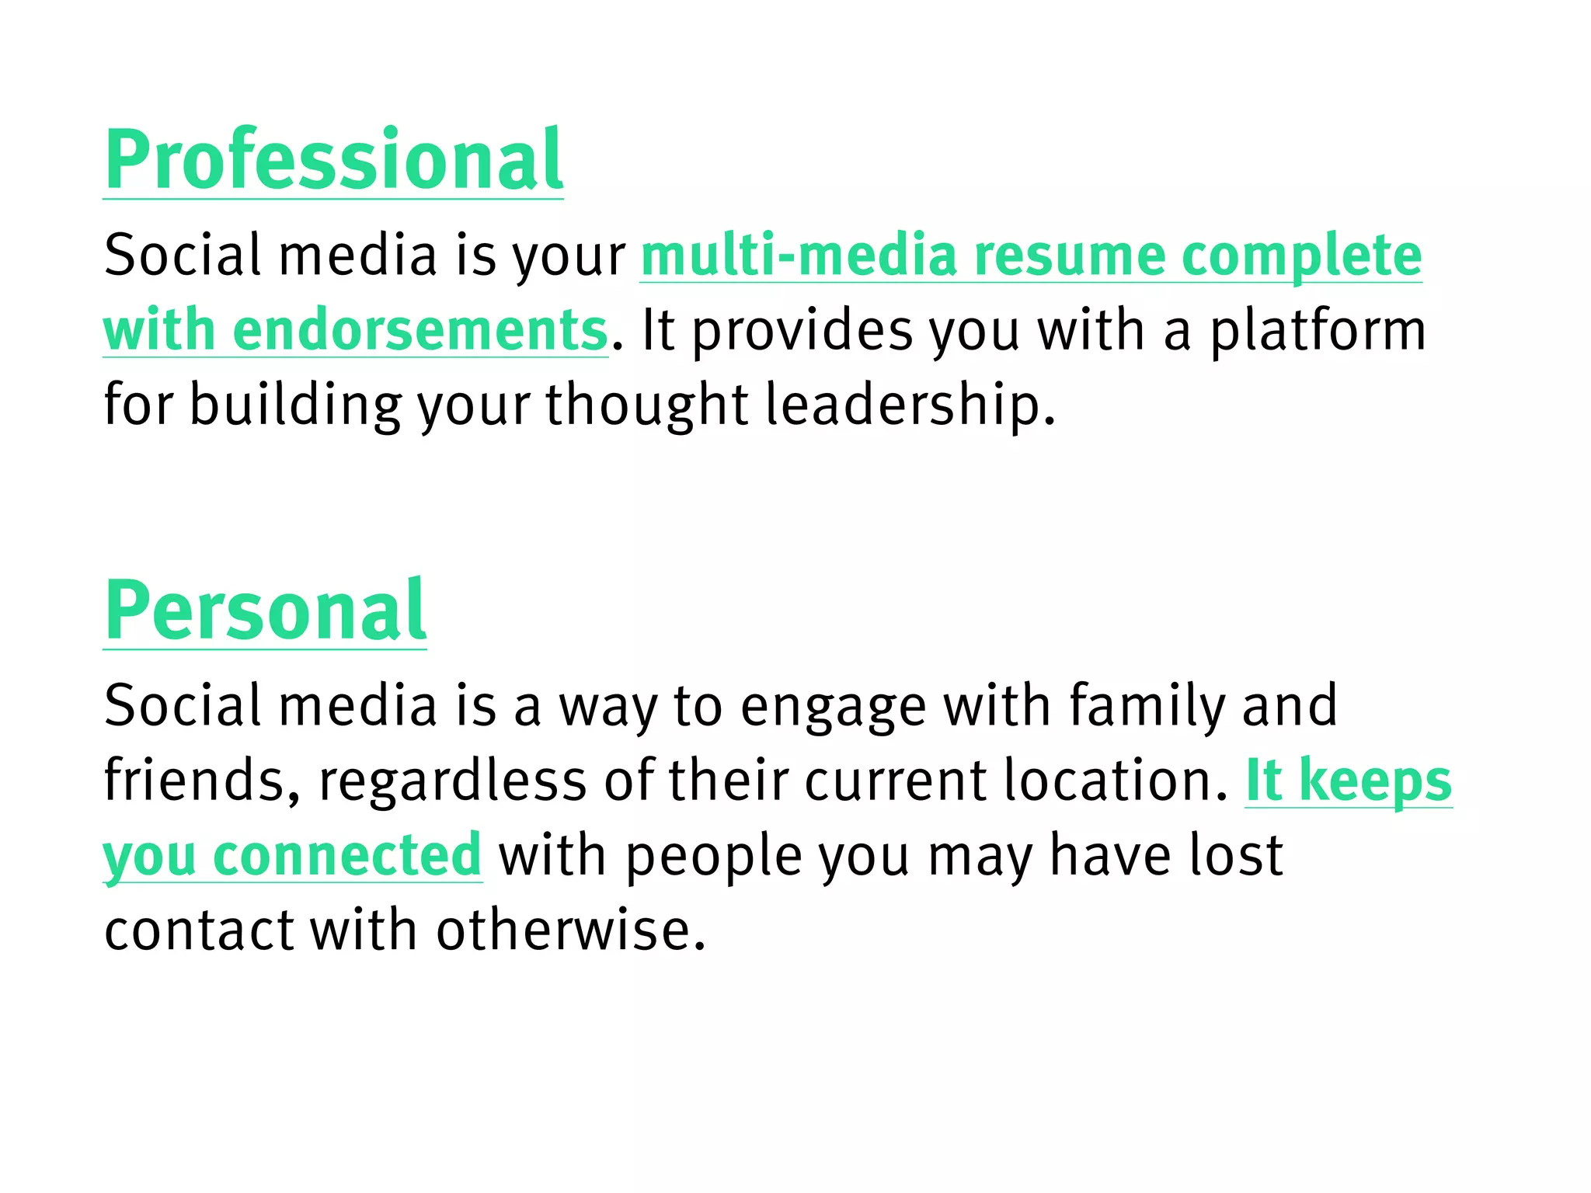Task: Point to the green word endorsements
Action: click(420, 330)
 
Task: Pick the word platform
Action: click(1318, 332)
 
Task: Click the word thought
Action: click(646, 405)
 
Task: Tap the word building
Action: click(295, 405)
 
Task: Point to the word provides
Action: click(802, 332)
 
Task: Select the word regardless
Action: click(452, 780)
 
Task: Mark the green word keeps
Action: click(1375, 781)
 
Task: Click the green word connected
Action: click(347, 854)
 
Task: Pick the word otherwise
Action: click(570, 930)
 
